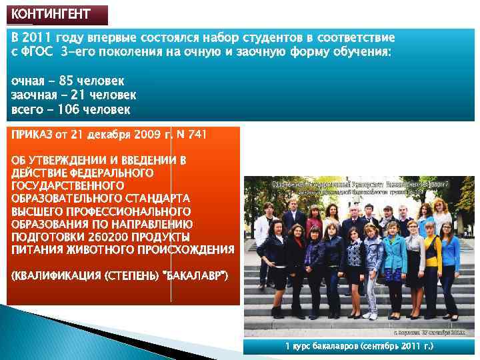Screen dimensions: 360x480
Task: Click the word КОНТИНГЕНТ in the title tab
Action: click(x=51, y=14)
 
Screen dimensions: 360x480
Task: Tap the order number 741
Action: click(x=198, y=135)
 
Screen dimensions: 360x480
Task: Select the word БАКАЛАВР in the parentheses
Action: click(x=197, y=275)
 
